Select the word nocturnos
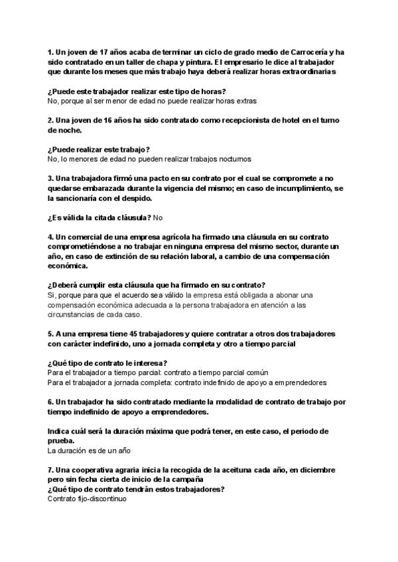[230, 159]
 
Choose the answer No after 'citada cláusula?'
[157, 217]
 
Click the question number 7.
[50, 470]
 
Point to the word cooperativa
[94, 470]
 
